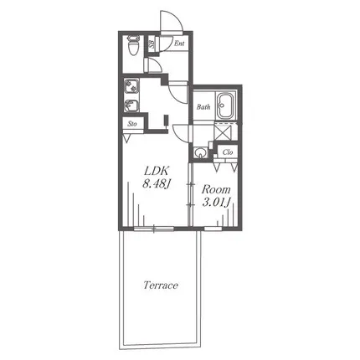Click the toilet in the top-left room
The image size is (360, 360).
click(x=133, y=46)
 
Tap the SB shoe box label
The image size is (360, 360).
click(x=152, y=44)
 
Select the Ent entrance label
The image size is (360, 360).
click(x=179, y=44)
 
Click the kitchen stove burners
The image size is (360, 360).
click(x=131, y=86)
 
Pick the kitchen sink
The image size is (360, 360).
click(x=131, y=105)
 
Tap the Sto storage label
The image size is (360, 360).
click(x=132, y=124)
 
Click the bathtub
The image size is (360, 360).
click(x=225, y=106)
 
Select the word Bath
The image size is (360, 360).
click(x=203, y=106)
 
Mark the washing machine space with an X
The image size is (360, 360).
click(x=224, y=132)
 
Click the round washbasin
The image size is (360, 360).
click(x=200, y=152)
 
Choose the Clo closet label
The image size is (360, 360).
click(x=228, y=152)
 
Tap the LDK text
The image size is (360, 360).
click(x=157, y=171)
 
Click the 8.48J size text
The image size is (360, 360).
click(x=157, y=184)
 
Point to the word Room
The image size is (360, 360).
click(x=216, y=190)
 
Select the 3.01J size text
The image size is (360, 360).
click(x=216, y=203)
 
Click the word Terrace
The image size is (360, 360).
click(x=161, y=285)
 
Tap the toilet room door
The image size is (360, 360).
click(x=153, y=65)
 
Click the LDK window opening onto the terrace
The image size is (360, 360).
click(x=154, y=229)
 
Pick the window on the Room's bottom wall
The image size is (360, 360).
click(x=213, y=229)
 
